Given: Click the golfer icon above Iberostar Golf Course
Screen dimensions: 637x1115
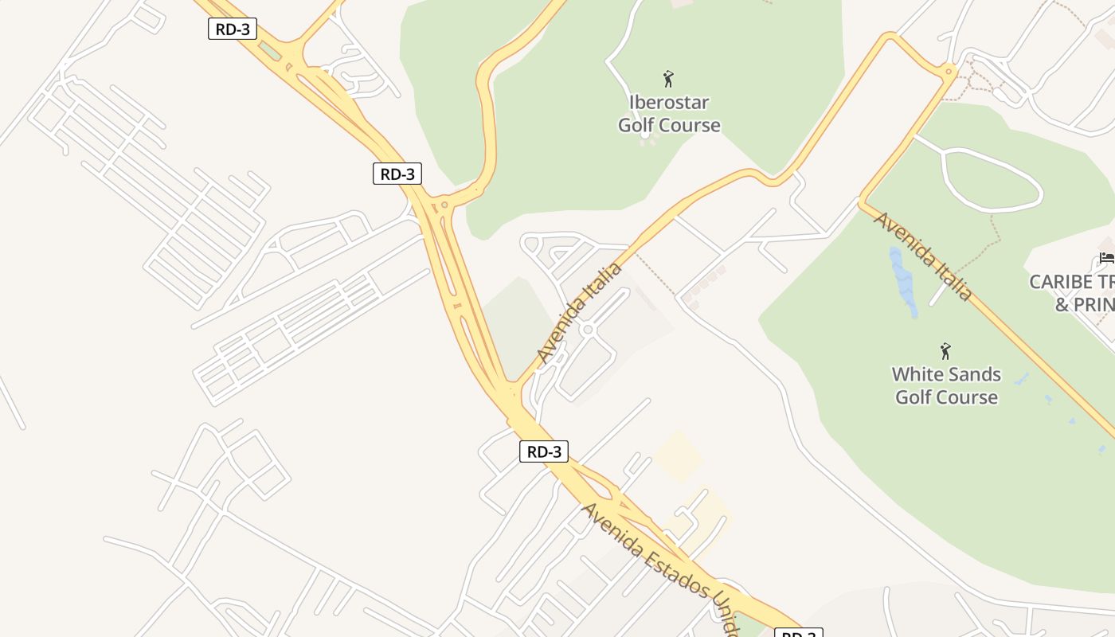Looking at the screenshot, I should [x=668, y=79].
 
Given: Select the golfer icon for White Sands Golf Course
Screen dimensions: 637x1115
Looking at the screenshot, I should [x=945, y=350].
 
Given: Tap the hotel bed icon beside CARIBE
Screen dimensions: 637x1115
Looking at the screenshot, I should [x=1106, y=258].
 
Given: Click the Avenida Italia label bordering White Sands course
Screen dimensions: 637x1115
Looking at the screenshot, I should [x=923, y=256].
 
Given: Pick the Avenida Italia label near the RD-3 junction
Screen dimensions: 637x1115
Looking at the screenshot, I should [x=579, y=311].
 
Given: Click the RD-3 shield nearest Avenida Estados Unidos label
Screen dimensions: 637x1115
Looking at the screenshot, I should [x=544, y=451].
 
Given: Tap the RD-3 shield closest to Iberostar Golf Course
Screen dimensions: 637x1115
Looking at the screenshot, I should [x=397, y=173].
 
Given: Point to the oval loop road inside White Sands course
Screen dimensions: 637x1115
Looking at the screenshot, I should [x=992, y=181].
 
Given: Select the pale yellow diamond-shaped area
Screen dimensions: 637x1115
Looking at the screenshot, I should [x=679, y=456].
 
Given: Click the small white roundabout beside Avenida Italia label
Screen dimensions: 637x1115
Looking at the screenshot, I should [x=588, y=330].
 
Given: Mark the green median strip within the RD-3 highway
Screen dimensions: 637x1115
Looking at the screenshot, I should [x=270, y=50].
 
